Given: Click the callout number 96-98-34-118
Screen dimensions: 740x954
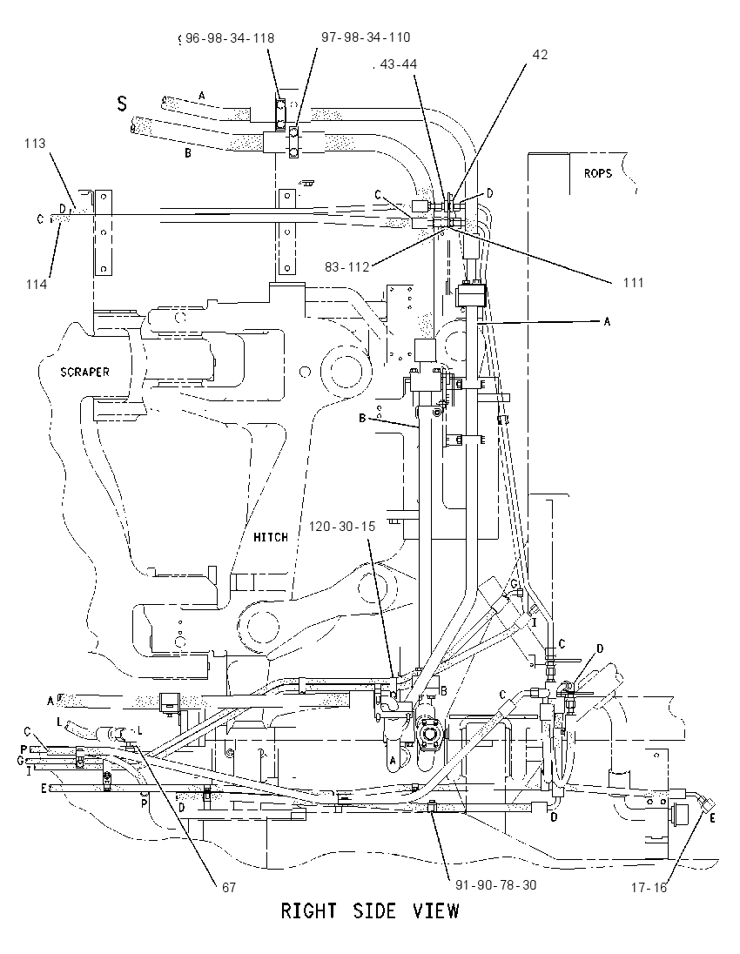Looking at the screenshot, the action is coord(230,38).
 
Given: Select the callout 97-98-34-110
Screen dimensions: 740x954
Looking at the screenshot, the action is coord(366,37).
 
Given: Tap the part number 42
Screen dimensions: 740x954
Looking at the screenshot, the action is coord(540,55).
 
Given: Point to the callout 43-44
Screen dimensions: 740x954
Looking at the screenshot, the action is coord(399,64).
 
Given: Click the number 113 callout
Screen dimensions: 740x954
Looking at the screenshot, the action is coord(36,144).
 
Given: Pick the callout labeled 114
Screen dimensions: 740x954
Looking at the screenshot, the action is coord(37,284).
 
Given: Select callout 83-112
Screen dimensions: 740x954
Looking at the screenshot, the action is coord(346,267).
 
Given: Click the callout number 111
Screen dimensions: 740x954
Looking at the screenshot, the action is coord(633,282).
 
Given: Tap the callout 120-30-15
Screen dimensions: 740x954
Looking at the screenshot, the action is coord(342,527).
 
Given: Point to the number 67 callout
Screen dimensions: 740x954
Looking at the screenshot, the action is coord(228,888).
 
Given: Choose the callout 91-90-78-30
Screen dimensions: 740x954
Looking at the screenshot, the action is coord(496,885).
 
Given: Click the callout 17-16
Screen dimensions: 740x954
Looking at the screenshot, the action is coord(649,888).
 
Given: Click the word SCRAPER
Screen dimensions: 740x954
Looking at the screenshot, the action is coord(85,372).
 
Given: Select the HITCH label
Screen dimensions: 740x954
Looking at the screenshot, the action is coord(271,537).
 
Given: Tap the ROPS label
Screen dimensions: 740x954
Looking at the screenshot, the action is coord(598,173).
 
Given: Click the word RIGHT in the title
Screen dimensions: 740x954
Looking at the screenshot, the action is coord(308,911).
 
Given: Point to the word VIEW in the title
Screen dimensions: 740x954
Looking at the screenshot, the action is coord(436,911).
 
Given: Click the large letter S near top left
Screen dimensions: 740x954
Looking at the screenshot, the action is coord(123,104).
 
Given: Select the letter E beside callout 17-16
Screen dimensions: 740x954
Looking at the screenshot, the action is coord(713,819).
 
